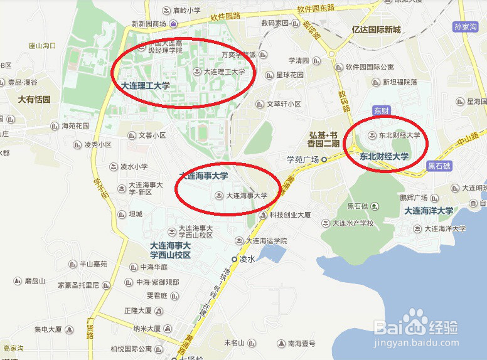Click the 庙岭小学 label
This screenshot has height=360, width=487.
pos(186,11)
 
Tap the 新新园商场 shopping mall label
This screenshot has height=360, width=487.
pos(149,24)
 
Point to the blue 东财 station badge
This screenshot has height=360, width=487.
pos(381,110)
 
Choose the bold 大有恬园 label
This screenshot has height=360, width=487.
pos(35,99)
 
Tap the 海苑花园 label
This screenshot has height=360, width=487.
pos(75,125)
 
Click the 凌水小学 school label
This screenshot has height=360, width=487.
pos(134,167)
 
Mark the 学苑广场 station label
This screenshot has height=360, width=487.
pos(303,159)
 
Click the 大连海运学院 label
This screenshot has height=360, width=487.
pos(266,240)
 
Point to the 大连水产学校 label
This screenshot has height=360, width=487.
pos(353,223)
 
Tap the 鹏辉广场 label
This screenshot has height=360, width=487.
pos(414,198)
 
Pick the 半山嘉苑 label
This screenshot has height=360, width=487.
pos(92,264)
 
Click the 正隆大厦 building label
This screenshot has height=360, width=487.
pos(138,310)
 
